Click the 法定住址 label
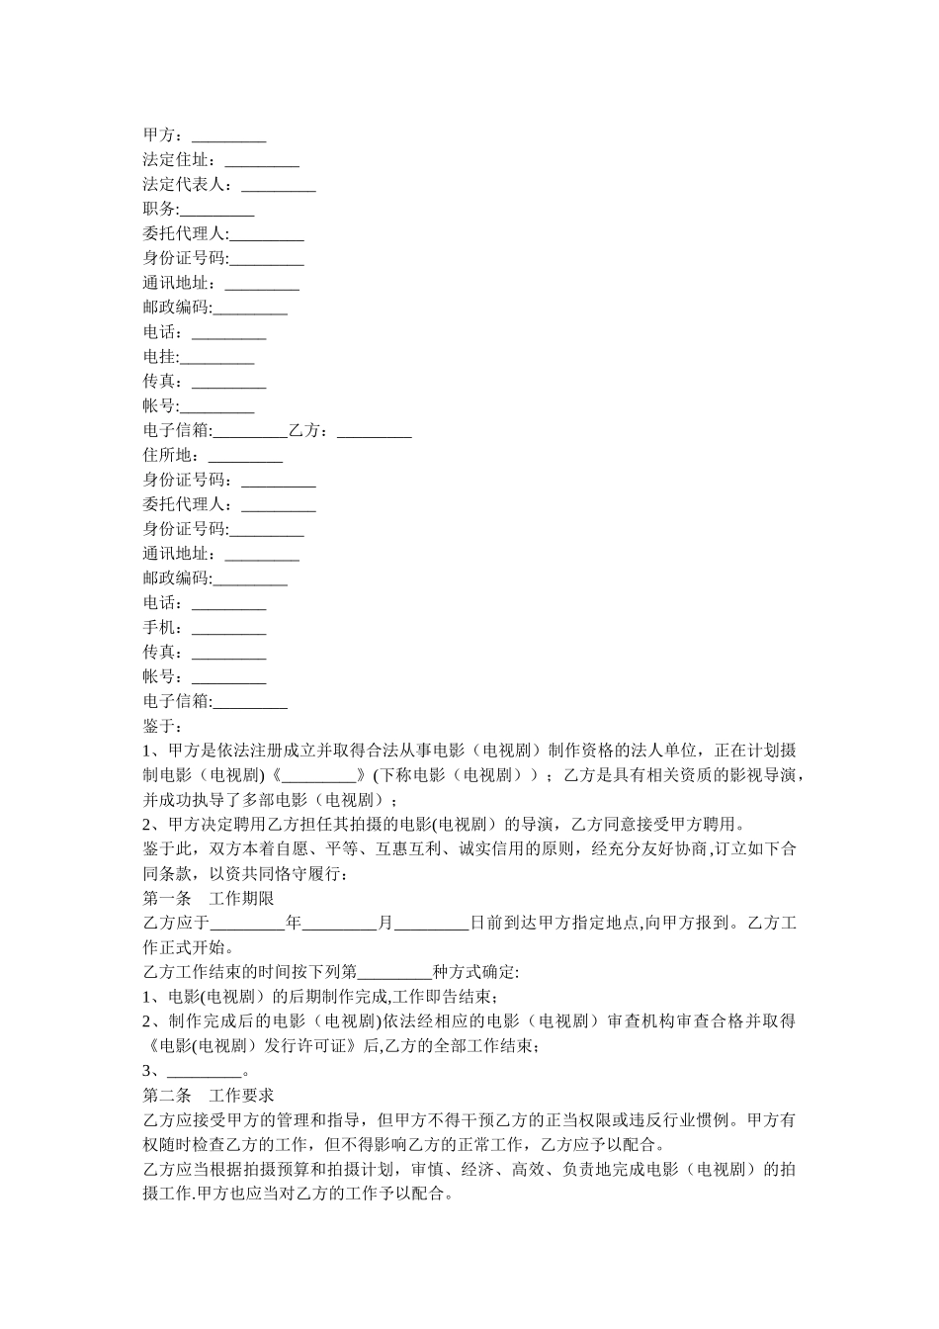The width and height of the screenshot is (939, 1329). click(178, 160)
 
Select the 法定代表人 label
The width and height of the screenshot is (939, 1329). click(186, 185)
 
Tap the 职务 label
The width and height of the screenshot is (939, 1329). click(160, 210)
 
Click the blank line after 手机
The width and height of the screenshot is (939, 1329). click(228, 629)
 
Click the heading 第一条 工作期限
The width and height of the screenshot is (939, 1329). click(209, 899)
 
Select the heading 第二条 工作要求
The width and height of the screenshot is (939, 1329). click(209, 1096)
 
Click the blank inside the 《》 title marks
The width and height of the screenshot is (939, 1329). click(318, 776)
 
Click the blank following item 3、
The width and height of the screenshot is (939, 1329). click(204, 1072)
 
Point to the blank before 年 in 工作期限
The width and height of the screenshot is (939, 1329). click(248, 924)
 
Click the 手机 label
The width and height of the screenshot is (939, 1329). click(160, 628)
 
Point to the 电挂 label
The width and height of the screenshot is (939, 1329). click(160, 357)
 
